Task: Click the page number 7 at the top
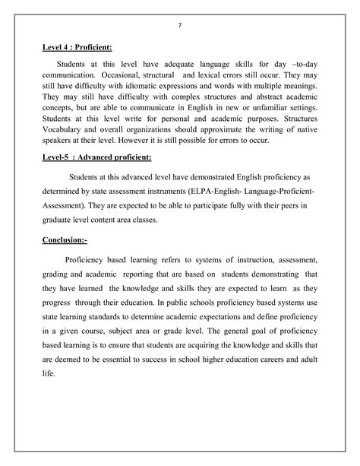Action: point(180,25)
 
